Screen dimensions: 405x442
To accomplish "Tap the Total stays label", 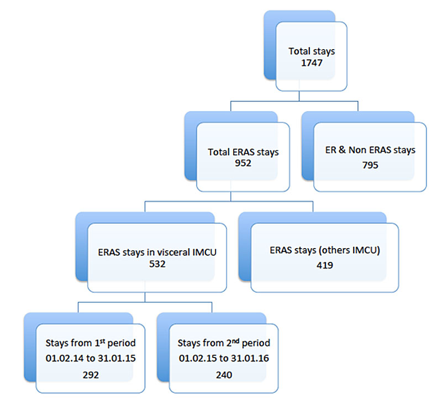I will click(x=312, y=51).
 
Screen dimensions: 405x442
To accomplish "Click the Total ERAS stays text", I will click(x=243, y=151).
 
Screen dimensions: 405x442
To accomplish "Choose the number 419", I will click(x=324, y=265).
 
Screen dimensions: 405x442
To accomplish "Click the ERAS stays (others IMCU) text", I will click(x=324, y=250).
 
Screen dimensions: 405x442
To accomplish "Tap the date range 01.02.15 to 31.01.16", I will click(x=223, y=358).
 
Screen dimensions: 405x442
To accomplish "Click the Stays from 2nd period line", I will click(x=223, y=343).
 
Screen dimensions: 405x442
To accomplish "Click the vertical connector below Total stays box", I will click(x=299, y=96).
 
